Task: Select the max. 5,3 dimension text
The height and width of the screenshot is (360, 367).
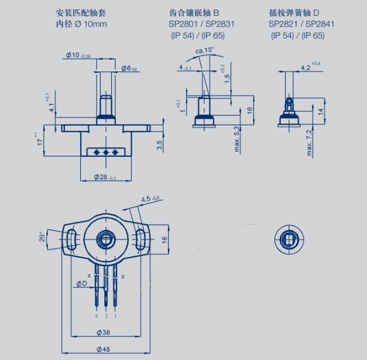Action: (x=236, y=138)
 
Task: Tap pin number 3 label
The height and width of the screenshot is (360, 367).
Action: (x=95, y=316)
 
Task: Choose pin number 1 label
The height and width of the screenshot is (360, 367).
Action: (x=115, y=316)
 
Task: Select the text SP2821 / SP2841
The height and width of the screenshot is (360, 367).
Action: (x=297, y=25)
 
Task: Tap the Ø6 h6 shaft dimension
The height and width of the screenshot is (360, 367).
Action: (x=129, y=68)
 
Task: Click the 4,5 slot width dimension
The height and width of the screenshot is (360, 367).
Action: (x=150, y=200)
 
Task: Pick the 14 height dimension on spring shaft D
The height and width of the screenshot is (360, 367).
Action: (x=320, y=111)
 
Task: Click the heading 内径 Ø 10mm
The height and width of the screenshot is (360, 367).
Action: (x=81, y=24)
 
